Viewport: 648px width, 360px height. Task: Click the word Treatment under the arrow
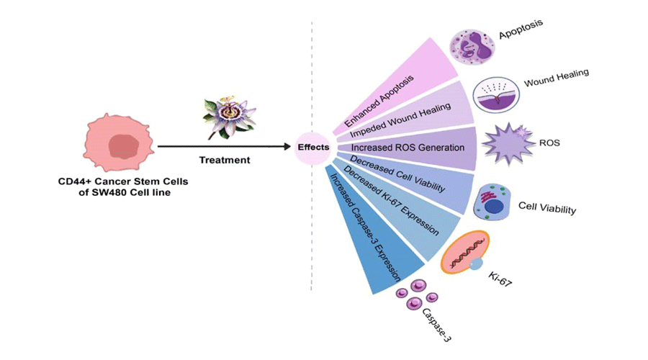(x=225, y=160)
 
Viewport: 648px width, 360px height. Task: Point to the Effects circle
(x=312, y=147)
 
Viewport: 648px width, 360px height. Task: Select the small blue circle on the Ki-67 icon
(x=476, y=266)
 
